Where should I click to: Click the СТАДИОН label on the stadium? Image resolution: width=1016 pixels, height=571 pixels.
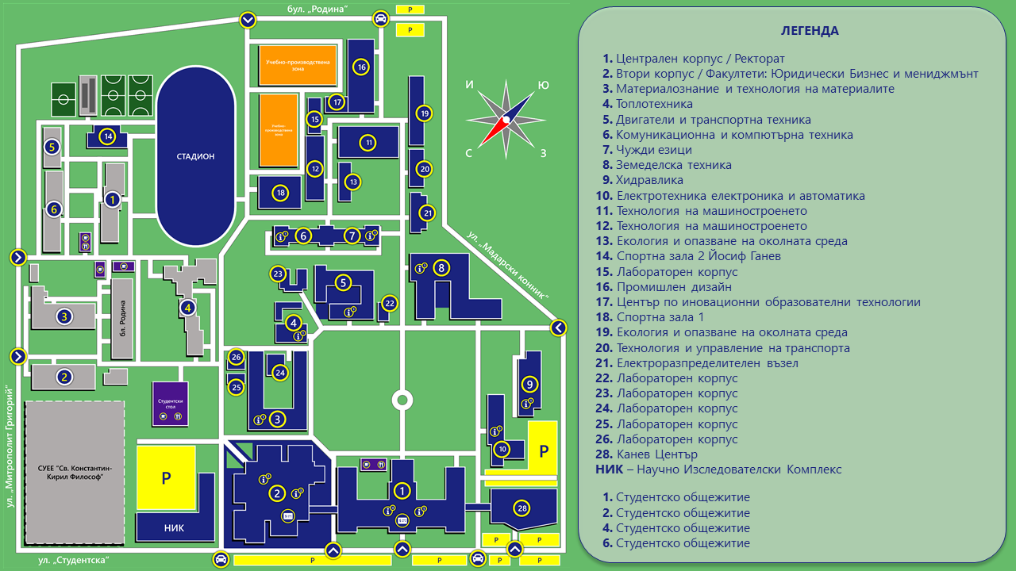tap(195, 156)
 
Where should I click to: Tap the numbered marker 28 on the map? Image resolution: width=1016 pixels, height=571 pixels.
tap(521, 508)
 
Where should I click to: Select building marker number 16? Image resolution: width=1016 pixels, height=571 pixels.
tap(361, 67)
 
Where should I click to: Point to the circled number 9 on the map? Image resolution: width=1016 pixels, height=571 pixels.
tap(529, 385)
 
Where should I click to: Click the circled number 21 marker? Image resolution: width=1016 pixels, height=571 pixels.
tap(428, 213)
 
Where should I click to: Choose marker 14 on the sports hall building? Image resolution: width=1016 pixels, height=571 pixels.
tap(108, 136)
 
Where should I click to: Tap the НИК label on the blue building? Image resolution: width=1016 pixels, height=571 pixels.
tap(174, 527)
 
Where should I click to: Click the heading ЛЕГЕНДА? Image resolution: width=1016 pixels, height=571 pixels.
tap(809, 31)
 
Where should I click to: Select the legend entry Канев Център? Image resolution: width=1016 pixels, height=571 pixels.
tap(656, 454)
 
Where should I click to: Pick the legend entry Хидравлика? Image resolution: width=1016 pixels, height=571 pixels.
tap(649, 180)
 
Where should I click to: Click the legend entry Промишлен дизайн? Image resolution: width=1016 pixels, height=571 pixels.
tap(674, 287)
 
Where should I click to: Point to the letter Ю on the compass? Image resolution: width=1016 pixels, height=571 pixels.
tap(544, 85)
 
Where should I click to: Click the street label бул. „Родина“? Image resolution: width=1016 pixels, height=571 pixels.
tap(317, 9)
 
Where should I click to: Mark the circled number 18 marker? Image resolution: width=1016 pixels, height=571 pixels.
tap(280, 192)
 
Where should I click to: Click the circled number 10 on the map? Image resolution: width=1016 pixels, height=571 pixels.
tap(502, 449)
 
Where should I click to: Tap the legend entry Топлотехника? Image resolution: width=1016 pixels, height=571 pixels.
tap(654, 104)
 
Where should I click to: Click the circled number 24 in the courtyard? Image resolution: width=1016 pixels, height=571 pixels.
tap(279, 372)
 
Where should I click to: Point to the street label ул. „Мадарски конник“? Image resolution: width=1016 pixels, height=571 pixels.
tap(508, 265)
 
